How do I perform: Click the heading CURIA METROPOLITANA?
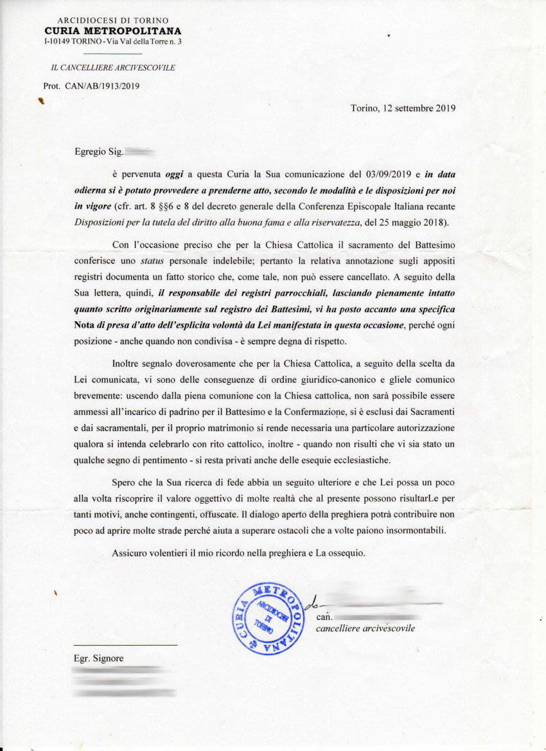pyautogui.click(x=112, y=31)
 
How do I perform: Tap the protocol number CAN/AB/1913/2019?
pyautogui.click(x=103, y=85)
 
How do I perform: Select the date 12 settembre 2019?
pyautogui.click(x=419, y=108)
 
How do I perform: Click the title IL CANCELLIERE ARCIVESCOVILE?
pyautogui.click(x=112, y=67)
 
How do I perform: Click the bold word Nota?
pyautogui.click(x=86, y=325)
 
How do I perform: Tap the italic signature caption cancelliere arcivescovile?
pyautogui.click(x=365, y=628)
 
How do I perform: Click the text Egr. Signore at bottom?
pyautogui.click(x=98, y=658)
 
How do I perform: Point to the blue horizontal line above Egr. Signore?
pyautogui.click(x=125, y=645)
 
